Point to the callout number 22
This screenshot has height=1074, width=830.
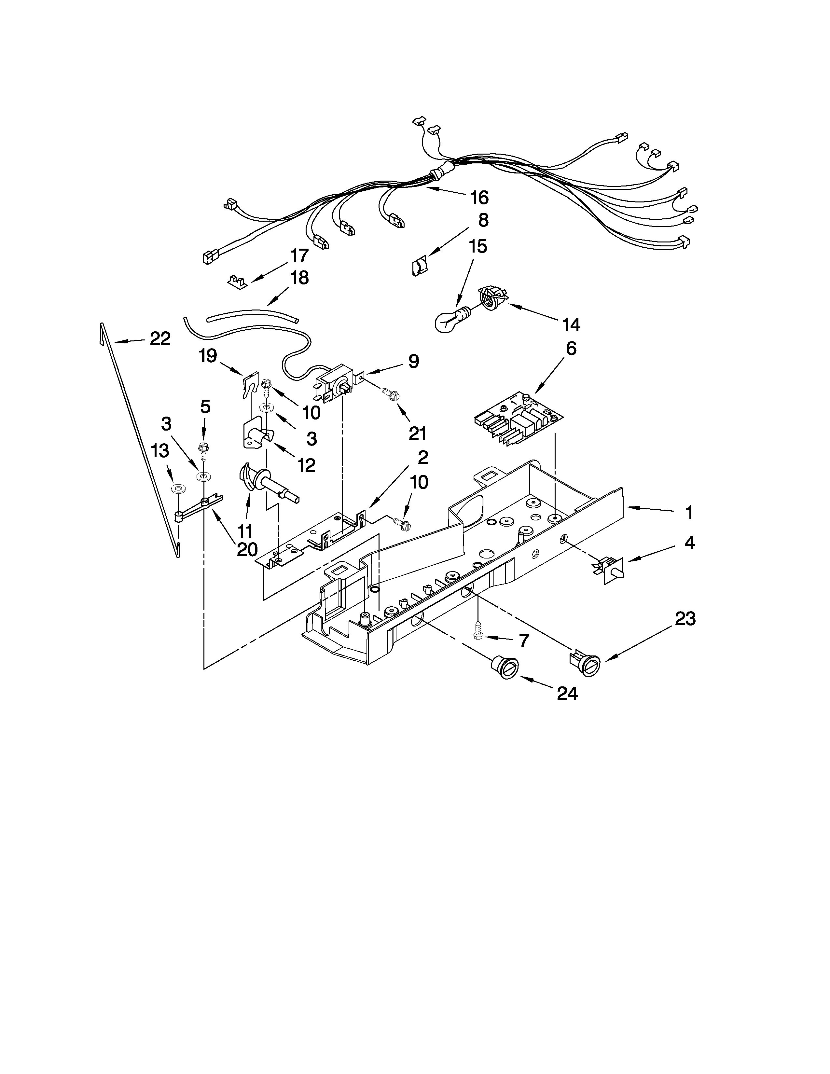click(160, 338)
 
